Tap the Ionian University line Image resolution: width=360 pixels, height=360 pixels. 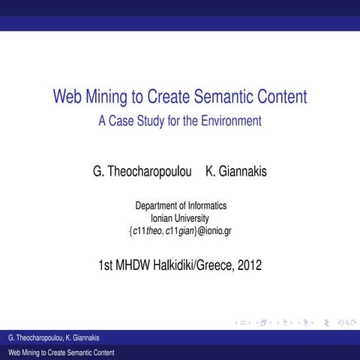pos(180,217)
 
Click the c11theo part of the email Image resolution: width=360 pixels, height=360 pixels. pos(148,230)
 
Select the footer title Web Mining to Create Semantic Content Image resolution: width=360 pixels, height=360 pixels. pos(61,352)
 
